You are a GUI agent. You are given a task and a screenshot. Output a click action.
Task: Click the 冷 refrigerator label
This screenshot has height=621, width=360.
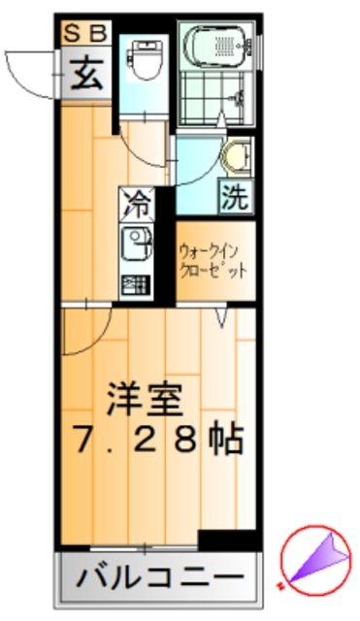(x=137, y=205)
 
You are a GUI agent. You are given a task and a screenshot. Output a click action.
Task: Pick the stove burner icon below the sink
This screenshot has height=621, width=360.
(x=135, y=286)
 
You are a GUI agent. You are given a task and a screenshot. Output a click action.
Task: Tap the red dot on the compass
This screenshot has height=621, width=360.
(x=280, y=584)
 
